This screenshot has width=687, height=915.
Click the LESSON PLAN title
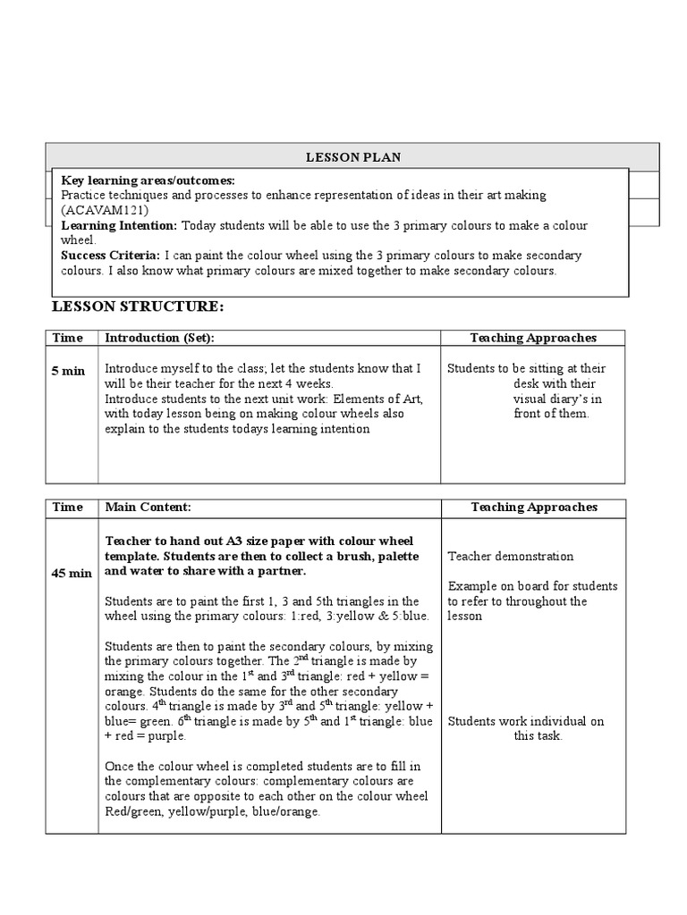pos(353,157)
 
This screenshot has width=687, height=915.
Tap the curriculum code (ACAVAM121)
pos(94,209)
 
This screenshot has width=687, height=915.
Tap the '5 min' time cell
pos(69,370)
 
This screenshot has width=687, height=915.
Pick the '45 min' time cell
pos(72,573)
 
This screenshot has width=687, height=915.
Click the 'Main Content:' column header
pos(148,507)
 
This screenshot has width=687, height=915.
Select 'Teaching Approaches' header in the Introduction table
pos(533,338)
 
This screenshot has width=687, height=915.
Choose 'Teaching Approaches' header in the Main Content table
pos(533,507)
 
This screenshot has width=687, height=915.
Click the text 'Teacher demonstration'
pos(511,556)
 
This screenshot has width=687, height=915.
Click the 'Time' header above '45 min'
pos(68,507)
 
